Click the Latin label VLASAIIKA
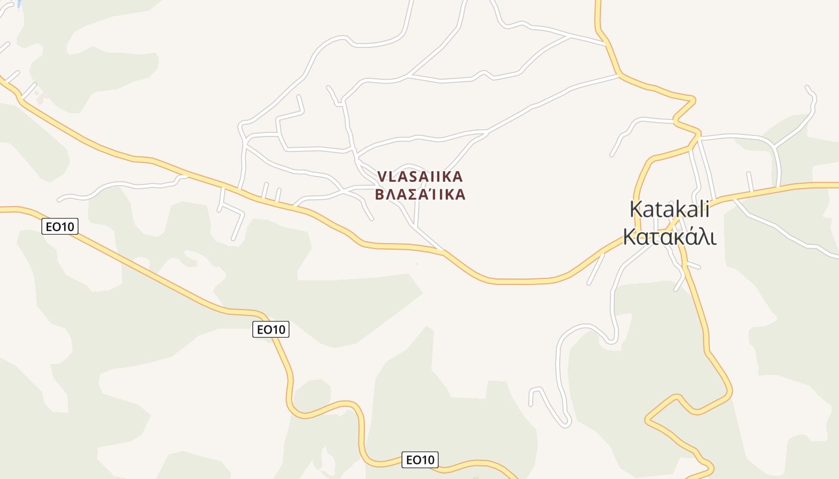tap(420, 177)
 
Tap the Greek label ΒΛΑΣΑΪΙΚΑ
tap(420, 195)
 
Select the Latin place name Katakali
tap(669, 209)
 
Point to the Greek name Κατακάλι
tap(669, 236)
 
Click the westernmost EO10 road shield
tap(60, 227)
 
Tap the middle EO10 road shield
tap(271, 329)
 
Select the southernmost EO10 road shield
tap(420, 460)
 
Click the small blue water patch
tap(18, 3)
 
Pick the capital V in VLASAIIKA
tap(382, 177)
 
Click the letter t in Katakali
tap(659, 209)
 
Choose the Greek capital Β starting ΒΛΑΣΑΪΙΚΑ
tap(380, 195)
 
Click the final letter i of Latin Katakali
tap(707, 209)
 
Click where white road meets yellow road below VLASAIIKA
tap(444, 251)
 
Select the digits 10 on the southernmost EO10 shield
tap(426, 460)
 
